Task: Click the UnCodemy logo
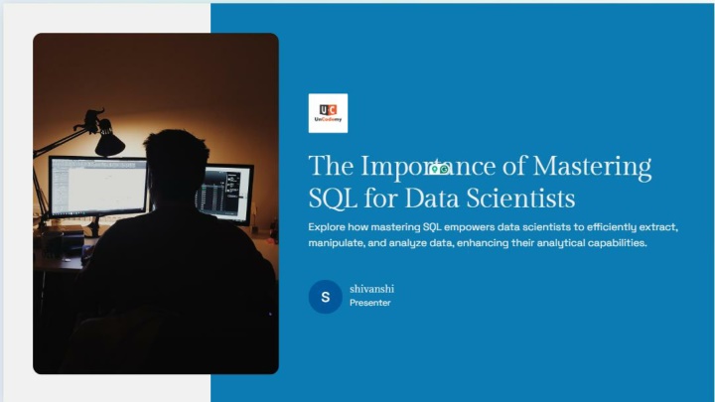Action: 328,113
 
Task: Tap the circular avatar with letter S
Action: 325,297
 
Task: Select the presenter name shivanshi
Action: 371,289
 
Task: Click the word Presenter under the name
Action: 370,303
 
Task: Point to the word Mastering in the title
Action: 592,167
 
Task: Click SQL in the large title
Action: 333,199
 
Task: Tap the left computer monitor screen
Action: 99,187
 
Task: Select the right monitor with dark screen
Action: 224,194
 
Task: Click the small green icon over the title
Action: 439,169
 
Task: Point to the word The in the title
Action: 331,166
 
